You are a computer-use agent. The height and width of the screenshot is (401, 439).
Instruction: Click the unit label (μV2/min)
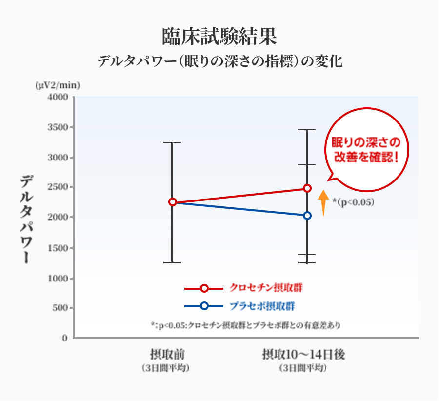click(x=57, y=85)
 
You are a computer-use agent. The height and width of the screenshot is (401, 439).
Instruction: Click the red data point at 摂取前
click(x=172, y=202)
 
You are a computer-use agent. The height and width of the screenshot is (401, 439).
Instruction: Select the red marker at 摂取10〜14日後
click(x=307, y=188)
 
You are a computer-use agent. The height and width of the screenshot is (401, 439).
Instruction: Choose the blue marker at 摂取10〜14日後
click(x=307, y=216)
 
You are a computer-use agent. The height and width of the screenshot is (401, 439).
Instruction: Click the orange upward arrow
click(x=322, y=202)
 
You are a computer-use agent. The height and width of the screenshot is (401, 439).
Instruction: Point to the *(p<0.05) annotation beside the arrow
click(x=353, y=202)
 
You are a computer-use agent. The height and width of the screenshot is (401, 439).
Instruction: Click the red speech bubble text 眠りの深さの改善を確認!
click(x=365, y=150)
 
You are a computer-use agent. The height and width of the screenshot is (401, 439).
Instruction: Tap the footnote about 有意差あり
click(x=246, y=325)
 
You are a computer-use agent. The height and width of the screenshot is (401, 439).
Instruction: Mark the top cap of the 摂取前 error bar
click(x=172, y=142)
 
